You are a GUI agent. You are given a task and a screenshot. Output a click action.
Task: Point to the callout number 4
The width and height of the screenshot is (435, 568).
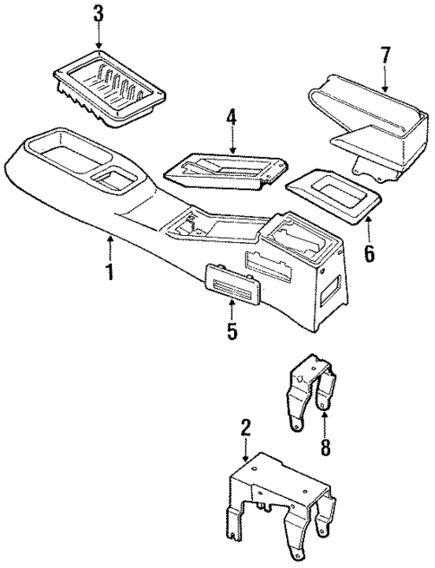point(231,117)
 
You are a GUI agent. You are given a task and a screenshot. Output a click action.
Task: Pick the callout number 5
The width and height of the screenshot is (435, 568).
point(231,332)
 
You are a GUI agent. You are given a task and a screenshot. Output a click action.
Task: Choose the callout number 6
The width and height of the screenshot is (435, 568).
point(368,254)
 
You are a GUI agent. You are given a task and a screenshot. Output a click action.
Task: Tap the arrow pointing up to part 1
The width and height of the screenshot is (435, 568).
point(109,245)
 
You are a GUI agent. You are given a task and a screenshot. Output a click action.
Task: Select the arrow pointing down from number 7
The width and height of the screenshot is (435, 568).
point(384,80)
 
